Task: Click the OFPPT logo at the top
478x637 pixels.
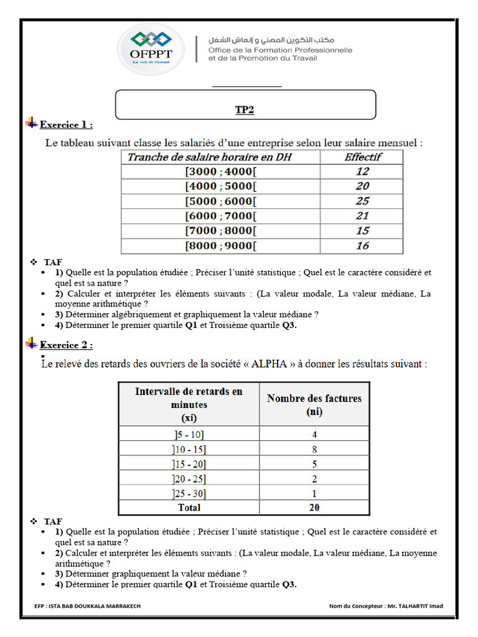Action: (x=151, y=49)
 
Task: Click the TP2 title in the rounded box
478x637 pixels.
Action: (x=245, y=110)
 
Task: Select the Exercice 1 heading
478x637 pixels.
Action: (x=66, y=125)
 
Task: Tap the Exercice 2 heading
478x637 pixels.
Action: (x=66, y=345)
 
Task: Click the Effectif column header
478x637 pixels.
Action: (x=363, y=157)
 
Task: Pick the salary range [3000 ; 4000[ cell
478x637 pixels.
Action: (x=220, y=172)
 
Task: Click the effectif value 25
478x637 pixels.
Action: (x=362, y=201)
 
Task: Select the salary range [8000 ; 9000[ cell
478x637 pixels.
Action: (x=220, y=246)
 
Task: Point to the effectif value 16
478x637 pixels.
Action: (x=362, y=246)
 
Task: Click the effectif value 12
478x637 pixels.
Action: (x=362, y=172)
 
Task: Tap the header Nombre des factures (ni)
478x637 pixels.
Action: (x=314, y=404)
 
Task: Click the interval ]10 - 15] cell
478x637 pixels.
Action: (x=189, y=449)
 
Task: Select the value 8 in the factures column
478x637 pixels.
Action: (x=314, y=449)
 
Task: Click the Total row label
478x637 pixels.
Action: (x=189, y=508)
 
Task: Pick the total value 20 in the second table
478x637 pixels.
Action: (x=314, y=508)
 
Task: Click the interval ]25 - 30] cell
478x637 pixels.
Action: (x=189, y=493)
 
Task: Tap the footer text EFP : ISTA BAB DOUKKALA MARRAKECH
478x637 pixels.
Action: (x=88, y=606)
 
